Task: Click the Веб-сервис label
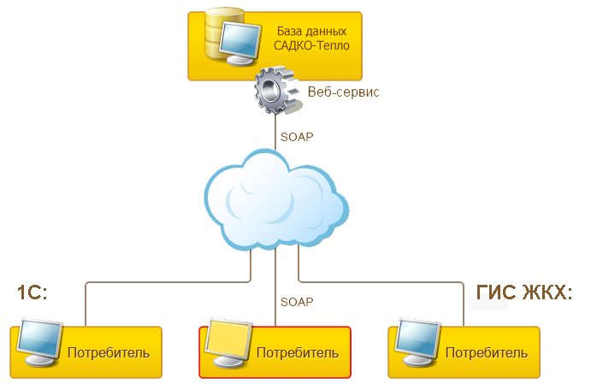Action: coord(342,92)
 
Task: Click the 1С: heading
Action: coord(32,292)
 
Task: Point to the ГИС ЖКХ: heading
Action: coord(523,292)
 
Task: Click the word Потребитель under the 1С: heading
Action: coord(108,352)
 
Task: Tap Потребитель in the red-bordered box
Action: coord(298,352)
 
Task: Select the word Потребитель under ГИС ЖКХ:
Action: coord(486,352)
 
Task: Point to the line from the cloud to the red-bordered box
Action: coord(275,291)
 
